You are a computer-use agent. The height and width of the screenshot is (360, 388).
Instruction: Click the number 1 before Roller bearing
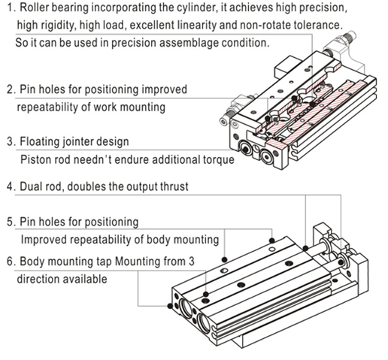(10, 8)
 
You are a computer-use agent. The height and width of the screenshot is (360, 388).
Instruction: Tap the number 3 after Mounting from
(191, 262)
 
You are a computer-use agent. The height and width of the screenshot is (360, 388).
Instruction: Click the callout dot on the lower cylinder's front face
(170, 306)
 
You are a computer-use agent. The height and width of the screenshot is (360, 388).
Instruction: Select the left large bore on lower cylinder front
(186, 307)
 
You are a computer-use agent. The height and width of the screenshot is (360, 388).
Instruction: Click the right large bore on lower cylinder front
(204, 323)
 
